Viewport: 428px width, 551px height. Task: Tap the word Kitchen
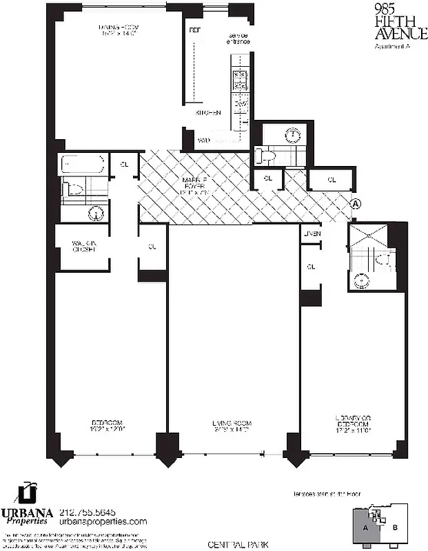tap(207, 112)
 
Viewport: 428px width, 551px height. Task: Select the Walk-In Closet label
tap(83, 246)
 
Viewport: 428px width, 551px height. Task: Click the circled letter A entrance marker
tap(356, 204)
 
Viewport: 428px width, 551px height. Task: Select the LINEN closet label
tap(312, 234)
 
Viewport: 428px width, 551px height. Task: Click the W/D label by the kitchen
tap(204, 141)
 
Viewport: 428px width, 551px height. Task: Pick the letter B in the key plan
tap(395, 528)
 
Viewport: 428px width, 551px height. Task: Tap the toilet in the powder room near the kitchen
tap(267, 155)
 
